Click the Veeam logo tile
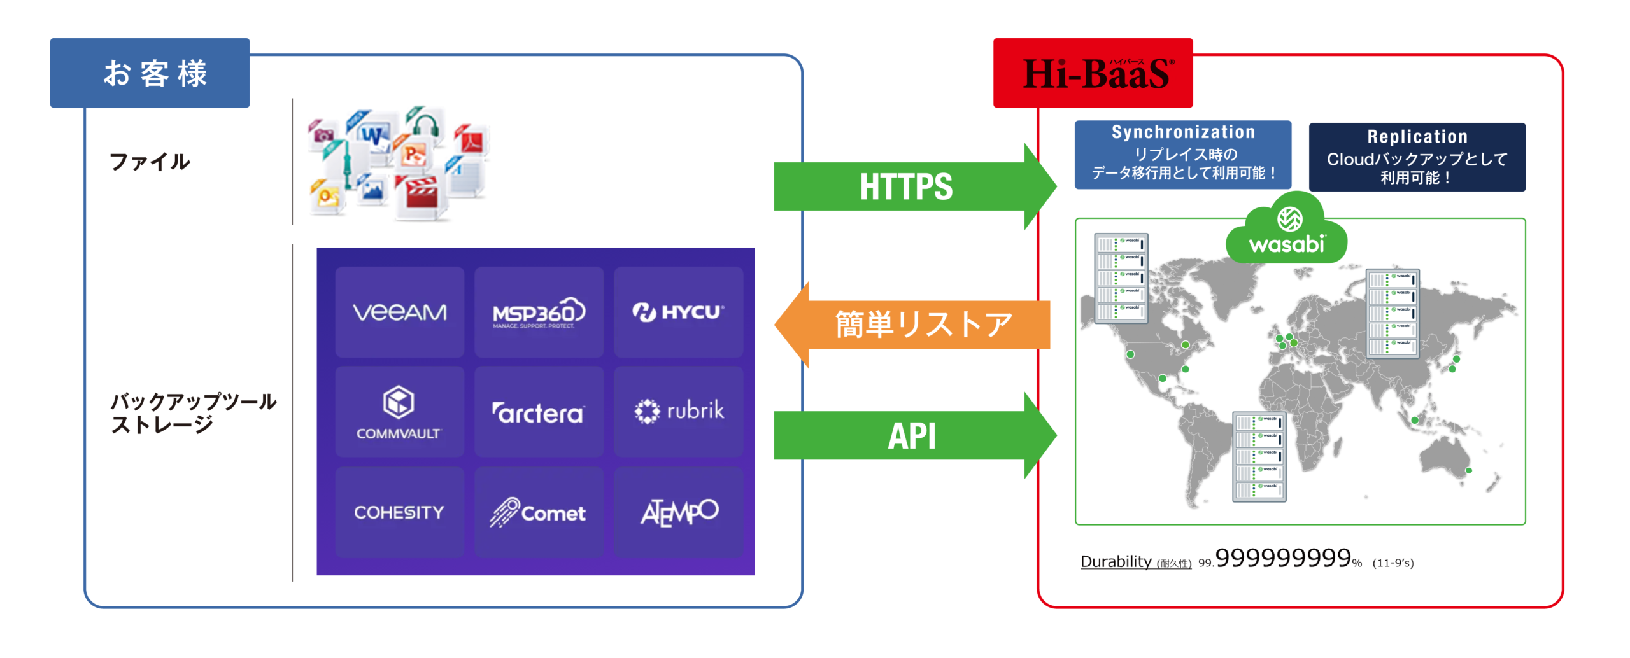399,312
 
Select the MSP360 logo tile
539,312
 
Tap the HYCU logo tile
678,312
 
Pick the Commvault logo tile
399,412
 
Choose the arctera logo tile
539,412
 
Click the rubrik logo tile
678,412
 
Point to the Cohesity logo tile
399,512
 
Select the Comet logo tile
539,512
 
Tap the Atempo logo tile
678,512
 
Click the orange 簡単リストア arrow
917,325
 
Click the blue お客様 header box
150,73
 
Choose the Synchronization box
1182,155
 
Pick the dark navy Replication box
1417,157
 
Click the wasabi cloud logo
1287,230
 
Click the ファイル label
150,162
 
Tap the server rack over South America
1259,457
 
